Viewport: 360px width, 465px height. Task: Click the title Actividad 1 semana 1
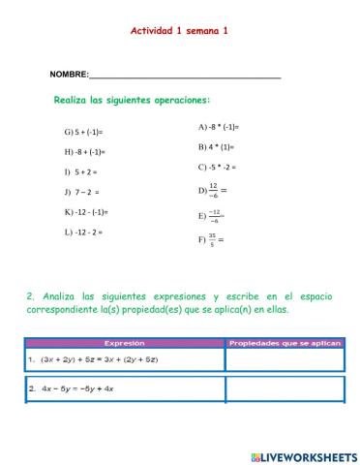tap(179, 30)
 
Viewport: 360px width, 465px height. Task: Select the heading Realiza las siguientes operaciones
tap(132, 100)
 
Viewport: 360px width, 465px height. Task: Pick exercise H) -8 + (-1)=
tap(85, 152)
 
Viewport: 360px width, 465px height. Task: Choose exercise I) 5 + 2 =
tap(81, 171)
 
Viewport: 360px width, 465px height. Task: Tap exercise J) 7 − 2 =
tap(82, 192)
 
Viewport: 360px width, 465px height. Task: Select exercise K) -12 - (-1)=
tap(86, 211)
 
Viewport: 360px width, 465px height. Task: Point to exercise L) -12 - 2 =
tap(83, 232)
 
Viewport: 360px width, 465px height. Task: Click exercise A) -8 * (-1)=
tap(218, 127)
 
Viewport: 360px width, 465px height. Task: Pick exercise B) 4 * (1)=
tap(216, 147)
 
